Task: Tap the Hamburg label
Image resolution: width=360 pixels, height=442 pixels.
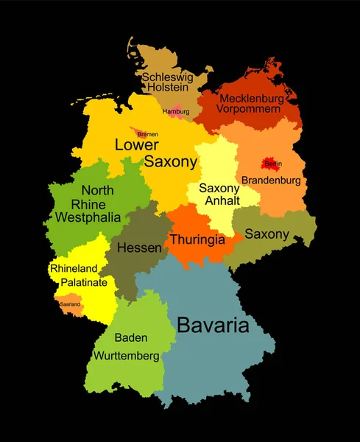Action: coord(175,112)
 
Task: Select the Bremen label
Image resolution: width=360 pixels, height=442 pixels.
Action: coord(147,134)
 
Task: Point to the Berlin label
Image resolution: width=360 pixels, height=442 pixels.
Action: coord(272,164)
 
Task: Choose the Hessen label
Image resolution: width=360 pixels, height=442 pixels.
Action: coord(139,248)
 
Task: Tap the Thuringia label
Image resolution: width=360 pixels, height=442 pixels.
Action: coord(199,239)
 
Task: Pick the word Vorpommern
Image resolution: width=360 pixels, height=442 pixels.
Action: coord(249,109)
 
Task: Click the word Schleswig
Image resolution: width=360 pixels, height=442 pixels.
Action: coord(167,76)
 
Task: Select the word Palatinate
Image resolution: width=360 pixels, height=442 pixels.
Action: coord(84,282)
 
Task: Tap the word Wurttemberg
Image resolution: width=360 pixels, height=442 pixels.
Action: coord(126,356)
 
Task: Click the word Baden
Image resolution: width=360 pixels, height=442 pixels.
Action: coord(131,338)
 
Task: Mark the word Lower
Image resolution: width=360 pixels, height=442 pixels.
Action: coord(137,145)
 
